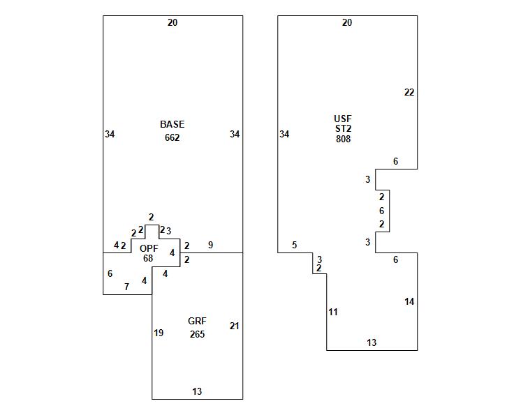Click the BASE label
(173, 124)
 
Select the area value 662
(173, 137)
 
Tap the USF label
(343, 119)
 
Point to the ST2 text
(343, 128)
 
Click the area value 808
(343, 139)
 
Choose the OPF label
(149, 248)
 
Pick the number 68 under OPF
(148, 258)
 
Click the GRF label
(197, 321)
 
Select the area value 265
(197, 334)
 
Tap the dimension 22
(409, 92)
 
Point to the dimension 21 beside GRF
(235, 326)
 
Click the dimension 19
(159, 333)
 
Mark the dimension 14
(409, 301)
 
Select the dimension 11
(333, 312)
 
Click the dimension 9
(210, 245)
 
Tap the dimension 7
(126, 287)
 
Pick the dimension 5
(295, 245)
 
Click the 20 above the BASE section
(173, 22)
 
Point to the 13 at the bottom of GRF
(197, 391)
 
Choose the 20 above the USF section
(347, 22)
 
